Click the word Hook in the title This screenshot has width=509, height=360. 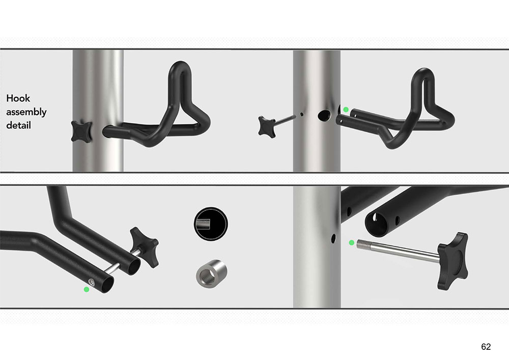pos(18,98)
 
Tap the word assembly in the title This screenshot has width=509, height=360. pos(26,112)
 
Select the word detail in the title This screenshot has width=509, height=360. pos(18,125)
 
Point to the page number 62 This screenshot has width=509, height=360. pos(486,347)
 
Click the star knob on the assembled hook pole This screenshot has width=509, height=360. pos(81,131)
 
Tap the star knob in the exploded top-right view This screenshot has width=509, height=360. pos(267,127)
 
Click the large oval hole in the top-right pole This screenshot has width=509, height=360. pos(324,115)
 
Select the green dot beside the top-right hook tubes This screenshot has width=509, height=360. pos(346,109)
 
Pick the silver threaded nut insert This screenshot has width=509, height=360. pos(211,273)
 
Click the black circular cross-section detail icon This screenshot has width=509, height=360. pos(211,224)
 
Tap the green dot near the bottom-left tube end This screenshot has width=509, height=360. pos(87,289)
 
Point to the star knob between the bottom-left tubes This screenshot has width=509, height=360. pos(145,247)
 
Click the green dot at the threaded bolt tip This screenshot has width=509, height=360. pos(351,242)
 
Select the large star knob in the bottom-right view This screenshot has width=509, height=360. pos(453,261)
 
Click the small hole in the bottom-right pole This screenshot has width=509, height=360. pos(333,239)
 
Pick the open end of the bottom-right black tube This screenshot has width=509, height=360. pos(377,224)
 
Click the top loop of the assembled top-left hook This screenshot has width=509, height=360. pos(180,70)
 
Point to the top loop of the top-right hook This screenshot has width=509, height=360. pos(423,76)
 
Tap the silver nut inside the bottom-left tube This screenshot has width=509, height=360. pos(92,283)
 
